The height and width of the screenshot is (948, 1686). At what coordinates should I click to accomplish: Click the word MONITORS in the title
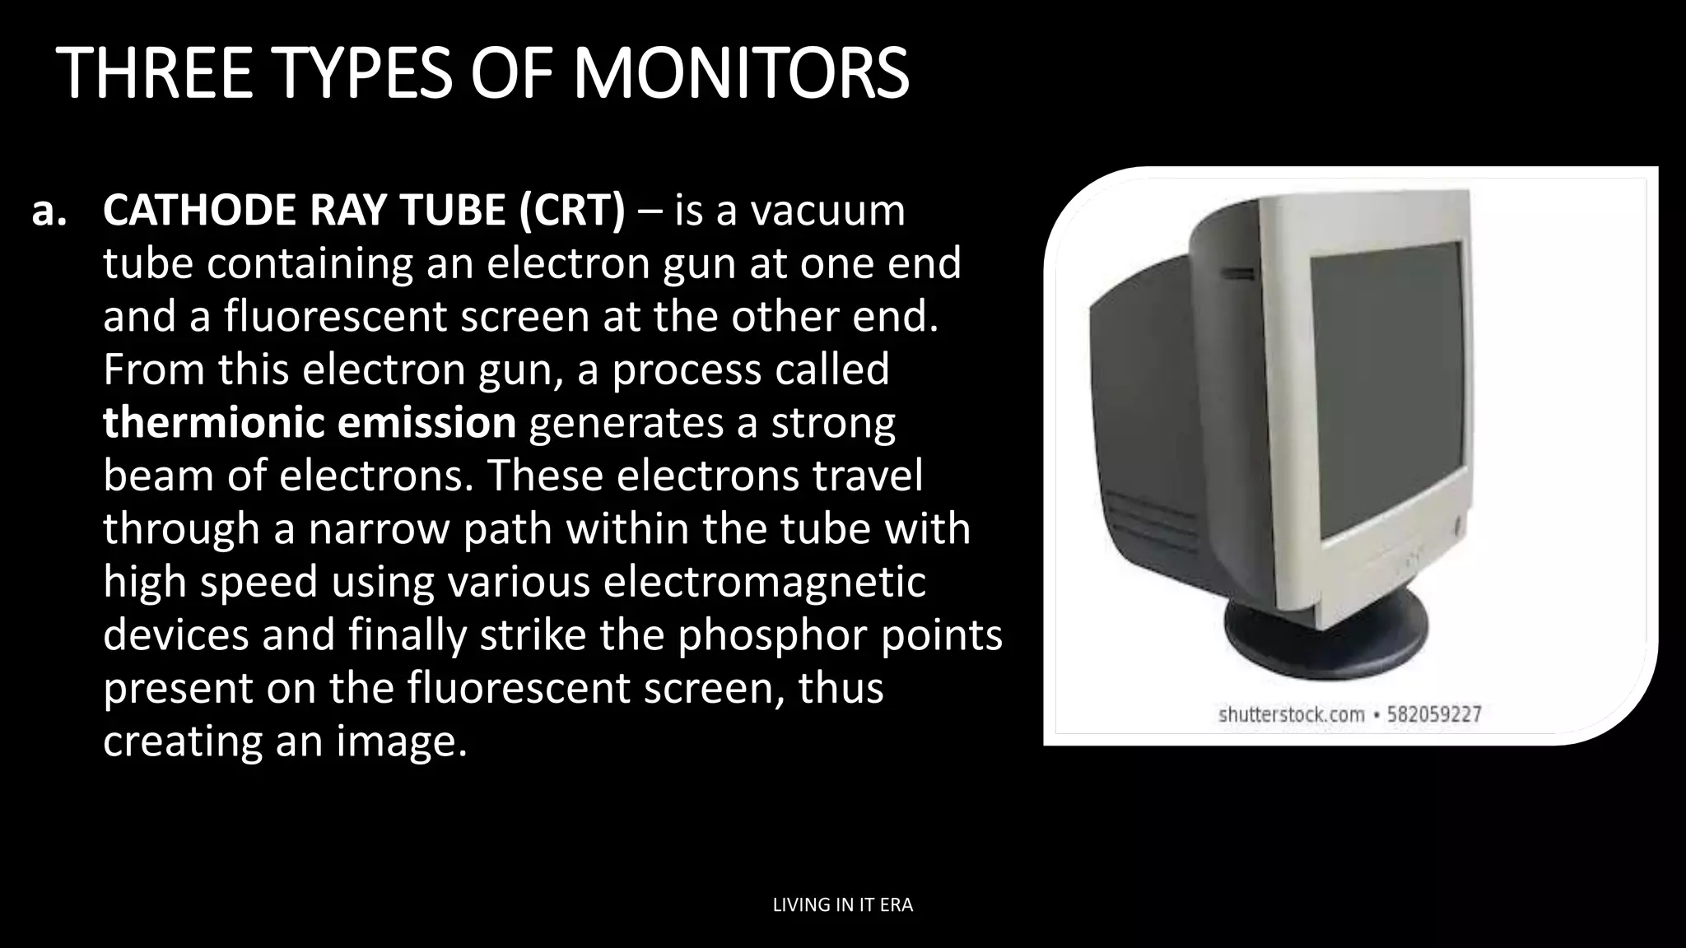click(x=740, y=74)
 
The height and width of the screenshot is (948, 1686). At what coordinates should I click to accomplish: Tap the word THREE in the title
click(x=156, y=74)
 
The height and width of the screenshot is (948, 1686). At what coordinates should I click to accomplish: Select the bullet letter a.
click(x=49, y=211)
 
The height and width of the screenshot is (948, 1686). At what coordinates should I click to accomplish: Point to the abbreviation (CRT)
click(x=572, y=211)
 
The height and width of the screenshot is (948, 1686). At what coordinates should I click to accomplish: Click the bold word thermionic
click(x=213, y=423)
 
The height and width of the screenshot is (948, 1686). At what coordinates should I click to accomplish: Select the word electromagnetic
click(x=765, y=582)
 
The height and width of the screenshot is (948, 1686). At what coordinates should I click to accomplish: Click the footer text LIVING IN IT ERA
click(x=843, y=905)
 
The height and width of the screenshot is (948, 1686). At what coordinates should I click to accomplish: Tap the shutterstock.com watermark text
click(x=1291, y=714)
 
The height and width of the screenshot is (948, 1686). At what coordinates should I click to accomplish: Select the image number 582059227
click(x=1434, y=714)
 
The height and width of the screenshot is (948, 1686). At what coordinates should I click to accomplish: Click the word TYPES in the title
click(x=362, y=74)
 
